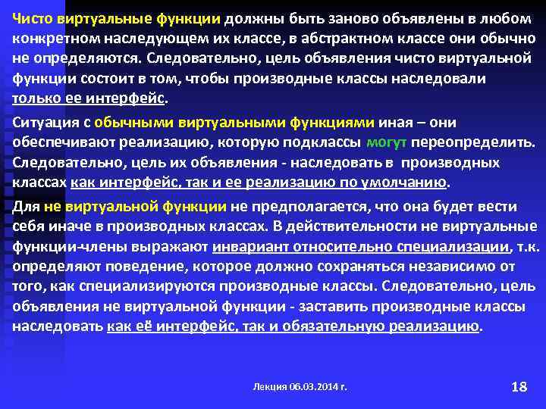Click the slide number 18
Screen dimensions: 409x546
tap(519, 386)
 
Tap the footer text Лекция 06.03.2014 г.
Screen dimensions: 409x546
tap(300, 386)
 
